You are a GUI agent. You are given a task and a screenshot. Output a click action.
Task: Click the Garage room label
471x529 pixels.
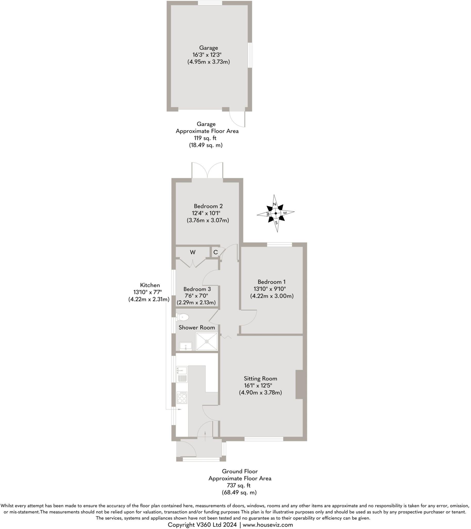click(x=208, y=48)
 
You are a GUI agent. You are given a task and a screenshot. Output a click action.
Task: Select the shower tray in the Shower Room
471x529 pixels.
click(x=207, y=342)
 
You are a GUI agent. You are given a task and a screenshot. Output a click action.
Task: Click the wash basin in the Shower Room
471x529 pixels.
click(x=185, y=346)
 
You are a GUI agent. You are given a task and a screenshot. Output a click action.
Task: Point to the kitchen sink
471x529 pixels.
click(x=182, y=375)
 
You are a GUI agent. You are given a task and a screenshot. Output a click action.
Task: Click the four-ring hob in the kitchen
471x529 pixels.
click(x=182, y=398)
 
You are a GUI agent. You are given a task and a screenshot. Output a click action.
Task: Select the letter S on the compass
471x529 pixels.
click(x=276, y=223)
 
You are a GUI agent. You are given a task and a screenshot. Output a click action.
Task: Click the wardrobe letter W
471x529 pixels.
click(x=192, y=252)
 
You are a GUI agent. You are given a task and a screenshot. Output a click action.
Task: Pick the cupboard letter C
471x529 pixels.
click(x=215, y=252)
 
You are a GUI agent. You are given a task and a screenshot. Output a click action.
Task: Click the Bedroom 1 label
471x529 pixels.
click(x=271, y=282)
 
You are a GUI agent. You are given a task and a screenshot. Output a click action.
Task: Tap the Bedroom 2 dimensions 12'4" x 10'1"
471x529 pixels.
click(x=206, y=213)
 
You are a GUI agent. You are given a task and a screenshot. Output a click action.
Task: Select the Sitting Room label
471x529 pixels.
click(x=260, y=378)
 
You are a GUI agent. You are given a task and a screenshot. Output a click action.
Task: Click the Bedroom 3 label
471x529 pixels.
click(x=197, y=289)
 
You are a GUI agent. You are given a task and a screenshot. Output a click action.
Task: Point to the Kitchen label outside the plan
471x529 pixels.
click(x=150, y=285)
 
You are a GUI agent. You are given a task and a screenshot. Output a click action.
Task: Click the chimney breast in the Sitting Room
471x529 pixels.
click(x=299, y=384)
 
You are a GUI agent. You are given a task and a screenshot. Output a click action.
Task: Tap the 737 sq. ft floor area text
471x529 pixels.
click(x=239, y=485)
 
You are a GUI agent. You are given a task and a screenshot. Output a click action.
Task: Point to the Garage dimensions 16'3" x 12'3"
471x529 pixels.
click(x=207, y=55)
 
